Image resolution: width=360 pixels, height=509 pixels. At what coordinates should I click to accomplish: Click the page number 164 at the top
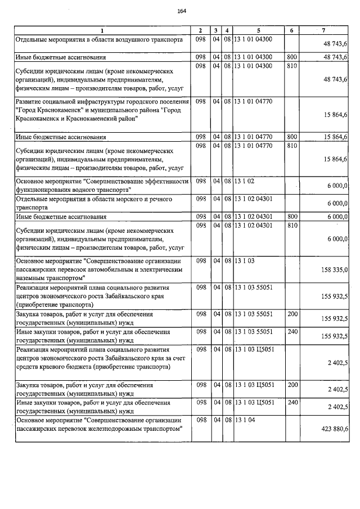[181, 11]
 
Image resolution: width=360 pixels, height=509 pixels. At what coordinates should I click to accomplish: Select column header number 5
[258, 30]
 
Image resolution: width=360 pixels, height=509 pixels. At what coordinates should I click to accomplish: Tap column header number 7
[324, 30]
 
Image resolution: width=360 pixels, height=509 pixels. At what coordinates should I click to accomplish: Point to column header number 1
[102, 30]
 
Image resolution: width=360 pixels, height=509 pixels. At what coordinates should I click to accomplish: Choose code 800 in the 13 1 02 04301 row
[292, 217]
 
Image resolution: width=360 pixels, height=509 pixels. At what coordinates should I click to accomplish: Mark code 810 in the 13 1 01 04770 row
[292, 146]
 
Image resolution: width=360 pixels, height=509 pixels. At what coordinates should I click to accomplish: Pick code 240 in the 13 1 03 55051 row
[292, 332]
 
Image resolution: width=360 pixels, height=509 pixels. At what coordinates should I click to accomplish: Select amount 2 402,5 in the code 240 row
[336, 407]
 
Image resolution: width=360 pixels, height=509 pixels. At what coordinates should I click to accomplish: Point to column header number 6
[291, 30]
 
